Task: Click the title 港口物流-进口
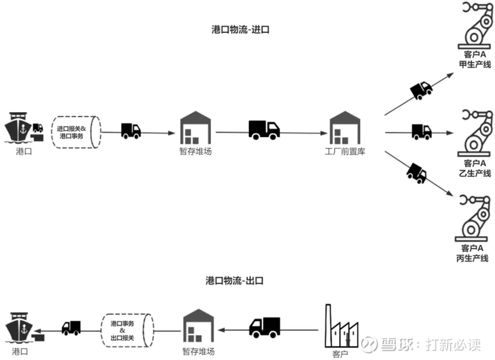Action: point(240,29)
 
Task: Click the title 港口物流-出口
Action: point(235,280)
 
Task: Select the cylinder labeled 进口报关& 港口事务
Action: point(75,132)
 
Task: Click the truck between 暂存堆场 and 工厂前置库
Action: point(264,130)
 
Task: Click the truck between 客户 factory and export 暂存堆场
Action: point(264,326)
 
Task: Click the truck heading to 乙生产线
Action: point(421,131)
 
